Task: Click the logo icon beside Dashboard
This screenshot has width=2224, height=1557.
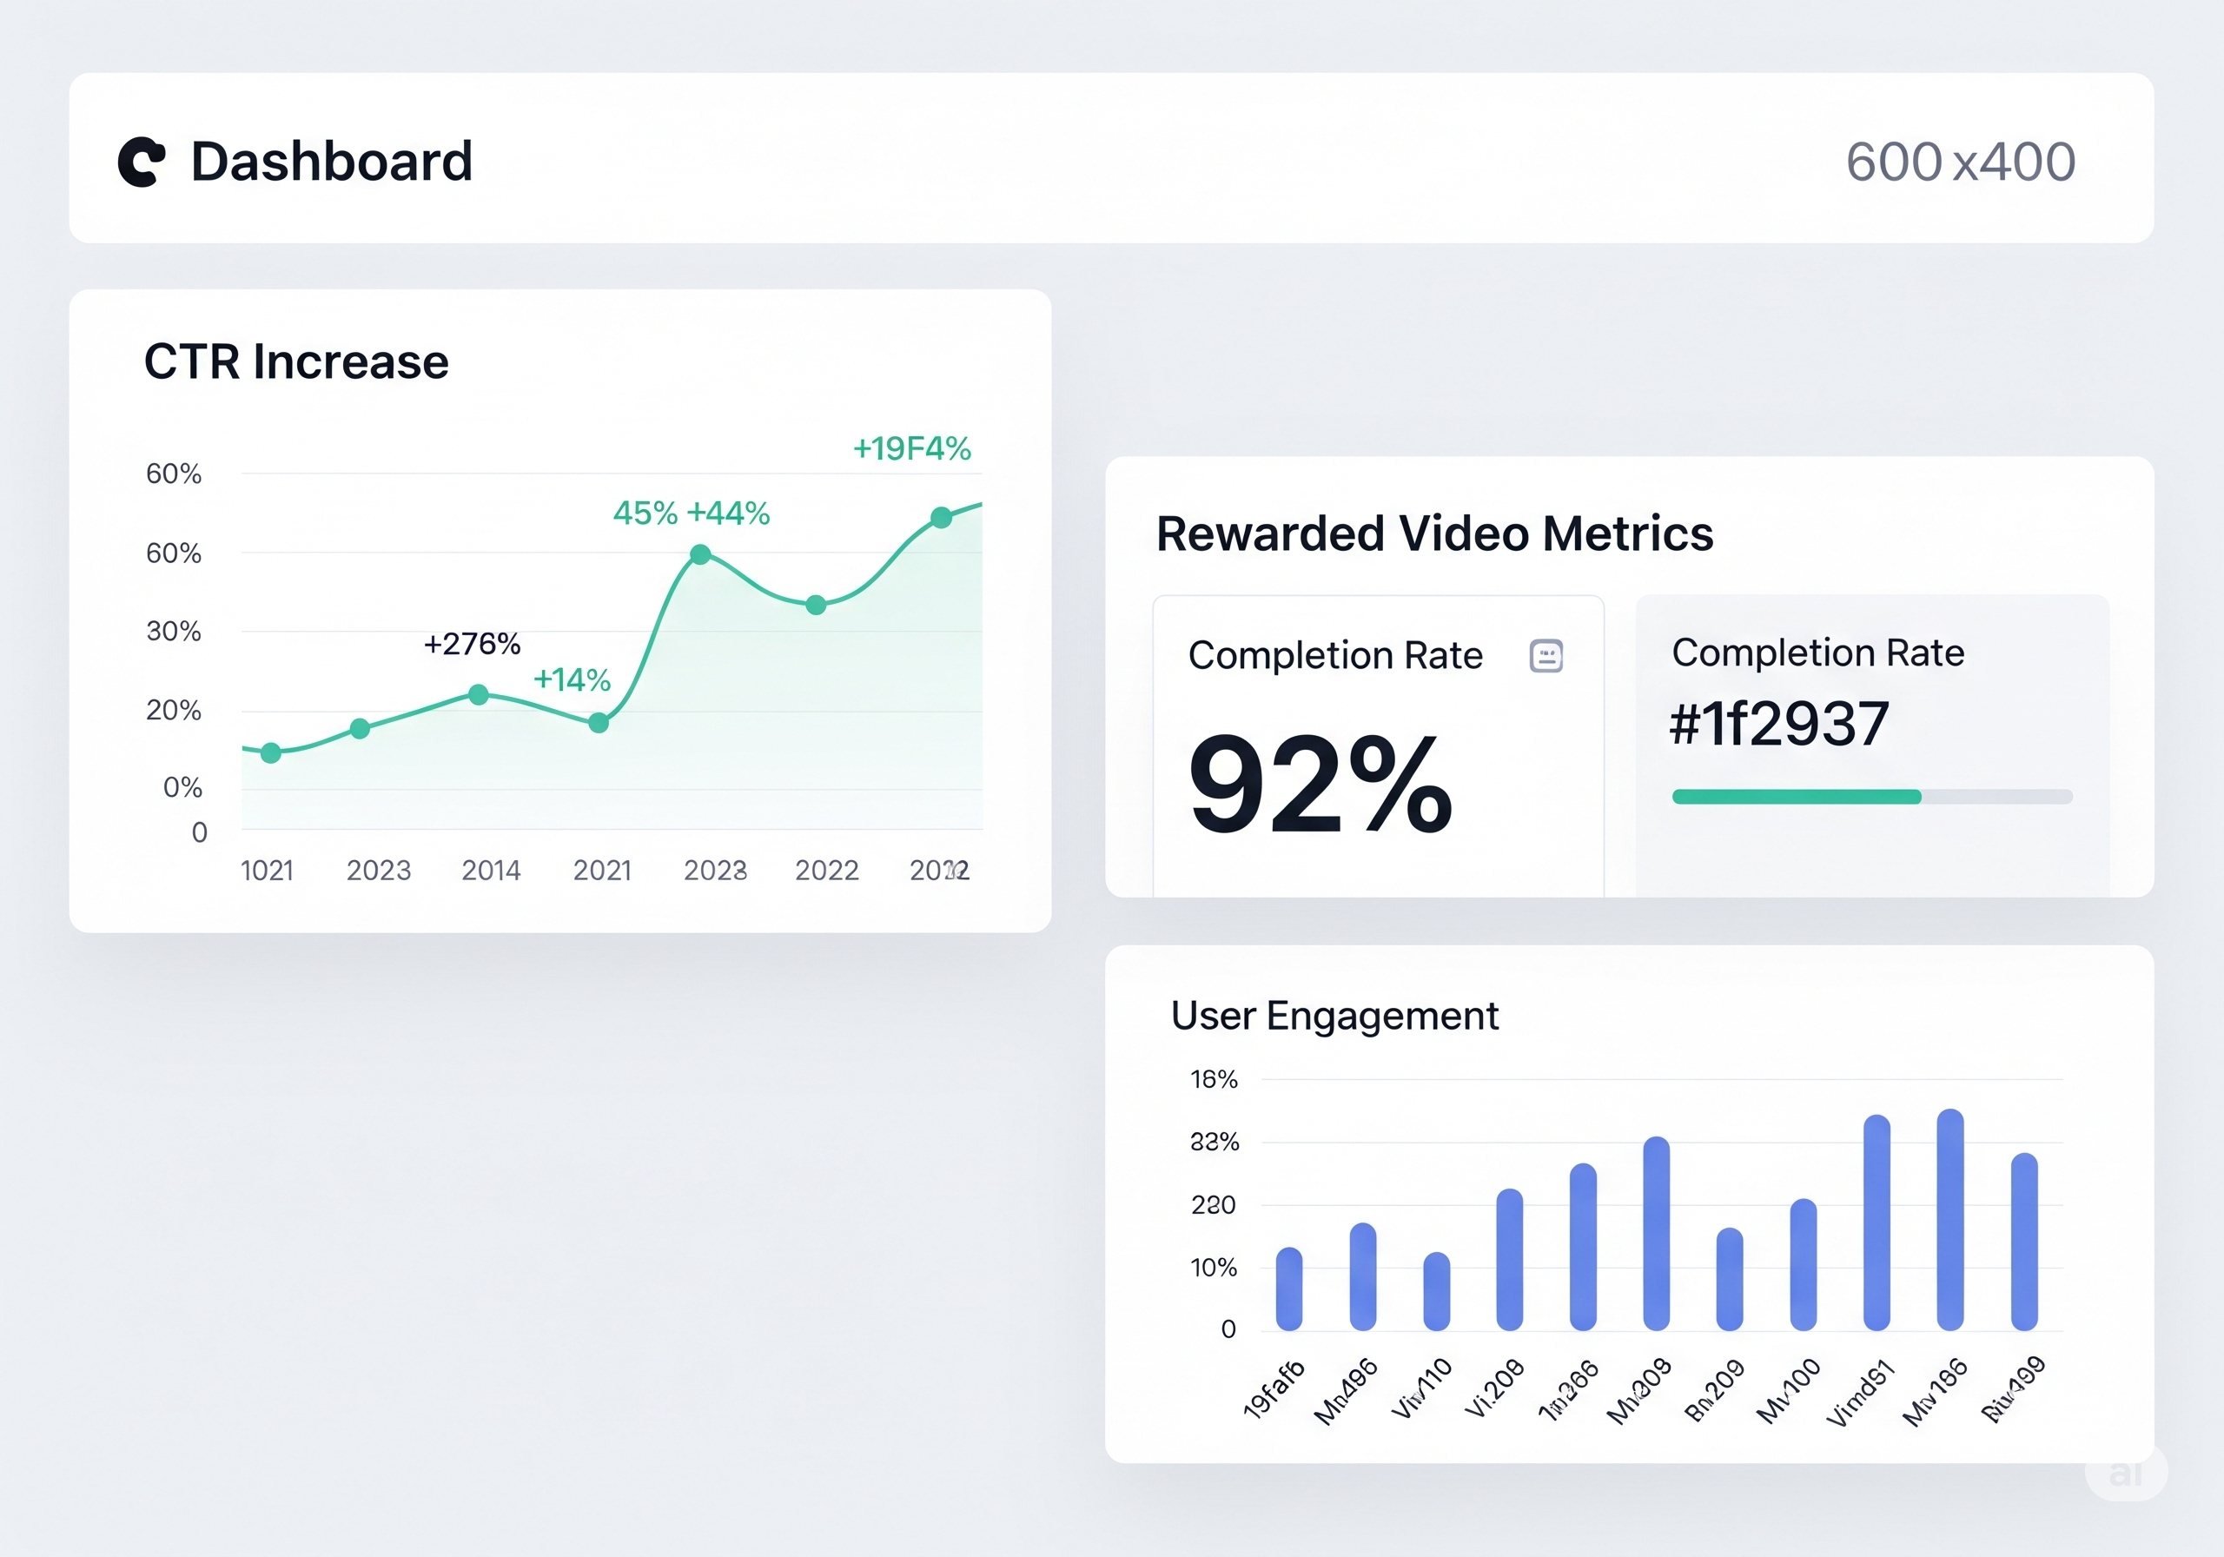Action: point(142,162)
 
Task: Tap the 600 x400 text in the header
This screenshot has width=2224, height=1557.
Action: point(1960,162)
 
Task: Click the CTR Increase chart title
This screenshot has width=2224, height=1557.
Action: point(296,362)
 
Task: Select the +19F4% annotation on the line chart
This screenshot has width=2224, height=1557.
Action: point(911,448)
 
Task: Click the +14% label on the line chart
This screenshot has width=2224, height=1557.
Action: point(572,679)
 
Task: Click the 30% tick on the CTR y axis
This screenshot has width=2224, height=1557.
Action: point(174,632)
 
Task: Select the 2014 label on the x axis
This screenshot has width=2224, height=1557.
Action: point(490,870)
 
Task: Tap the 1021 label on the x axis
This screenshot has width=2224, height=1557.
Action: point(267,870)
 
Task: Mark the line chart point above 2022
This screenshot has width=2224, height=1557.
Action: point(817,606)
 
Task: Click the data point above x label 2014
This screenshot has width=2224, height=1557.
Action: point(479,695)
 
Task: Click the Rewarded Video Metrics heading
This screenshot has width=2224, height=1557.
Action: point(1434,533)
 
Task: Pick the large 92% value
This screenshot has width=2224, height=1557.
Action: point(1320,785)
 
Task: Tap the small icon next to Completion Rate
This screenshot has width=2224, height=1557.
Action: point(1546,656)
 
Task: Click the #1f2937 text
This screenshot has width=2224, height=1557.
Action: point(1778,724)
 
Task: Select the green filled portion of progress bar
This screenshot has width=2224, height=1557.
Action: point(1796,797)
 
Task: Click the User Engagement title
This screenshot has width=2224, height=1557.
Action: point(1334,1016)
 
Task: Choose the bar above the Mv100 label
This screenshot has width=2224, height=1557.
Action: point(1803,1264)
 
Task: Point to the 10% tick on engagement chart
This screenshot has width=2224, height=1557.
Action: point(1213,1268)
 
